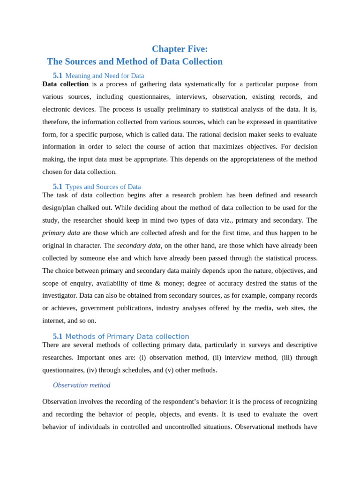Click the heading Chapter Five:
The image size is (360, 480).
click(180, 49)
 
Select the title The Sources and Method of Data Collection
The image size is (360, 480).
click(135, 61)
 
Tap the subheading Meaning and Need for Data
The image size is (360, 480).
click(105, 75)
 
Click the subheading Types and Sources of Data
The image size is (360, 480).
click(103, 187)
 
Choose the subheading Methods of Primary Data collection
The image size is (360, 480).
click(127, 337)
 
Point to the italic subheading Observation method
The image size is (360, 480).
click(82, 385)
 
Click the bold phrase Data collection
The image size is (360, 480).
click(65, 84)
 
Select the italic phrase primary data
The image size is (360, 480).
click(61, 233)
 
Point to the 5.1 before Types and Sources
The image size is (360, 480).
click(58, 187)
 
